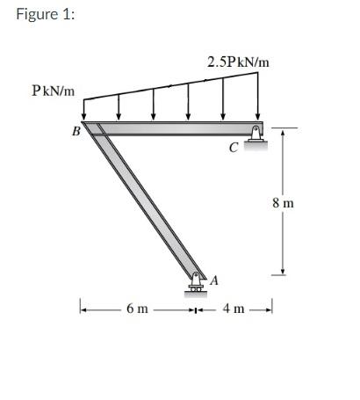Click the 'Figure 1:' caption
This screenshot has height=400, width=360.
point(46,14)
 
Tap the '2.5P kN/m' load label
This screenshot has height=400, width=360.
point(238,62)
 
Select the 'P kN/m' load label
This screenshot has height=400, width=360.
point(54,91)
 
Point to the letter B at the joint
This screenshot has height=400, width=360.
point(76,131)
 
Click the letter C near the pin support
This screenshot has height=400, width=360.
point(234,148)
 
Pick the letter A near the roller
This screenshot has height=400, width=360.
point(214,280)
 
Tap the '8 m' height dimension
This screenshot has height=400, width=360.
point(283,203)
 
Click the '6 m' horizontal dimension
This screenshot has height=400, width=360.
point(137,309)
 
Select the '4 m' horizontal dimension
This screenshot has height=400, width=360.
point(234,309)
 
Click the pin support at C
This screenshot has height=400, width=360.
point(256,135)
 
